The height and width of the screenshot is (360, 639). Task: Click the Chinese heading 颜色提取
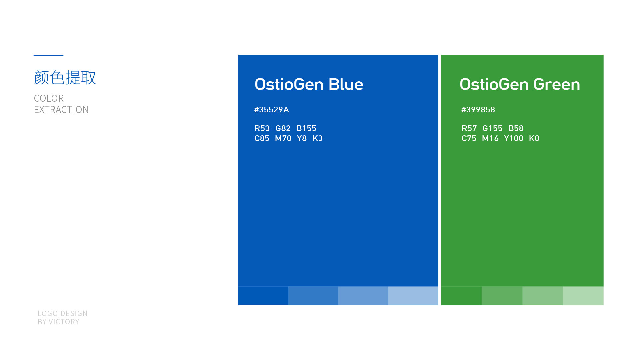pos(65,78)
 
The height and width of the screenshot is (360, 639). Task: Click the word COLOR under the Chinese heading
pos(49,98)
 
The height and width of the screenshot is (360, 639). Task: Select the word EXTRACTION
pos(61,110)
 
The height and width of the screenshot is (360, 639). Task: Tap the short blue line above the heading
pos(48,55)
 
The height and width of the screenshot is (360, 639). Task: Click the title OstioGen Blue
pos(309,84)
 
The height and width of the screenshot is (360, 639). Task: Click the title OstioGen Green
pos(520,84)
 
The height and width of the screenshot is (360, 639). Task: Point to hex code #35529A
pos(272,110)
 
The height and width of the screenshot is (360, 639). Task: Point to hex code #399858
pos(478,110)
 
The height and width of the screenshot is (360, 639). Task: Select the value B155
pos(306,128)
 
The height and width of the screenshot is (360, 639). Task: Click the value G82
pos(283,128)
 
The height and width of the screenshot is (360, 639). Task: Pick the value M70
pos(283,138)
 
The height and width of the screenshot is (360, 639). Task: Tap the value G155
pos(492,128)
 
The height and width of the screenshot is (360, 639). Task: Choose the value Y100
pos(514,138)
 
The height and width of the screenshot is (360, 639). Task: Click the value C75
pos(469,138)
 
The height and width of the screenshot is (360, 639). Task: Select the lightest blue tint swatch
pos(413,296)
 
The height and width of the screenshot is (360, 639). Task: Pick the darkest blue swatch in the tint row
pos(263,296)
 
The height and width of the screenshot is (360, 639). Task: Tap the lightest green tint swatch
pos(583,296)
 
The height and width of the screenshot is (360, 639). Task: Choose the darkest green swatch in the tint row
pos(461,296)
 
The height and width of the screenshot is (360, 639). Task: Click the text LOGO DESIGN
pos(63,314)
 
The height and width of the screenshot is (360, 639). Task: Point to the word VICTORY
pos(64,322)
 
